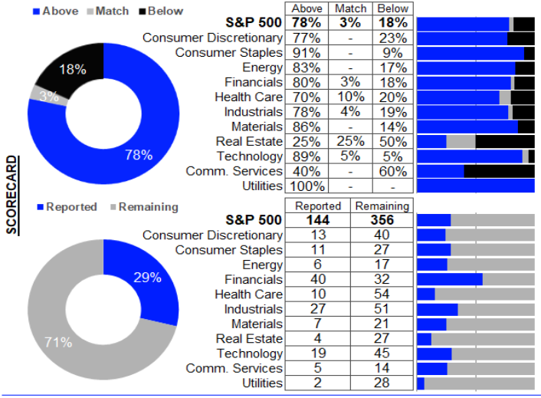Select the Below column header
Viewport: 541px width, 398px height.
392,8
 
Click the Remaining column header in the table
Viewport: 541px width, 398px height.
382,206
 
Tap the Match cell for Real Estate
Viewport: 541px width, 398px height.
349,141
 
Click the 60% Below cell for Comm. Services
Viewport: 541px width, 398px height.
392,171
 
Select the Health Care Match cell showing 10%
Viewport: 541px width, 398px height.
349,97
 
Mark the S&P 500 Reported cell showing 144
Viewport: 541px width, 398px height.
317,220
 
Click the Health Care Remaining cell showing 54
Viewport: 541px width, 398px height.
382,294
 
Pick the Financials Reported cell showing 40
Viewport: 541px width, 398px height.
317,280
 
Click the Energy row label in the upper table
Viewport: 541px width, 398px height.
262,67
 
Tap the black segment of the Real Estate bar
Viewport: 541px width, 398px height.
505,141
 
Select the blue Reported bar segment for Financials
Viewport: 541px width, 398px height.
450,280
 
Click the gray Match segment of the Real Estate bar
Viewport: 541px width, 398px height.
461,141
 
